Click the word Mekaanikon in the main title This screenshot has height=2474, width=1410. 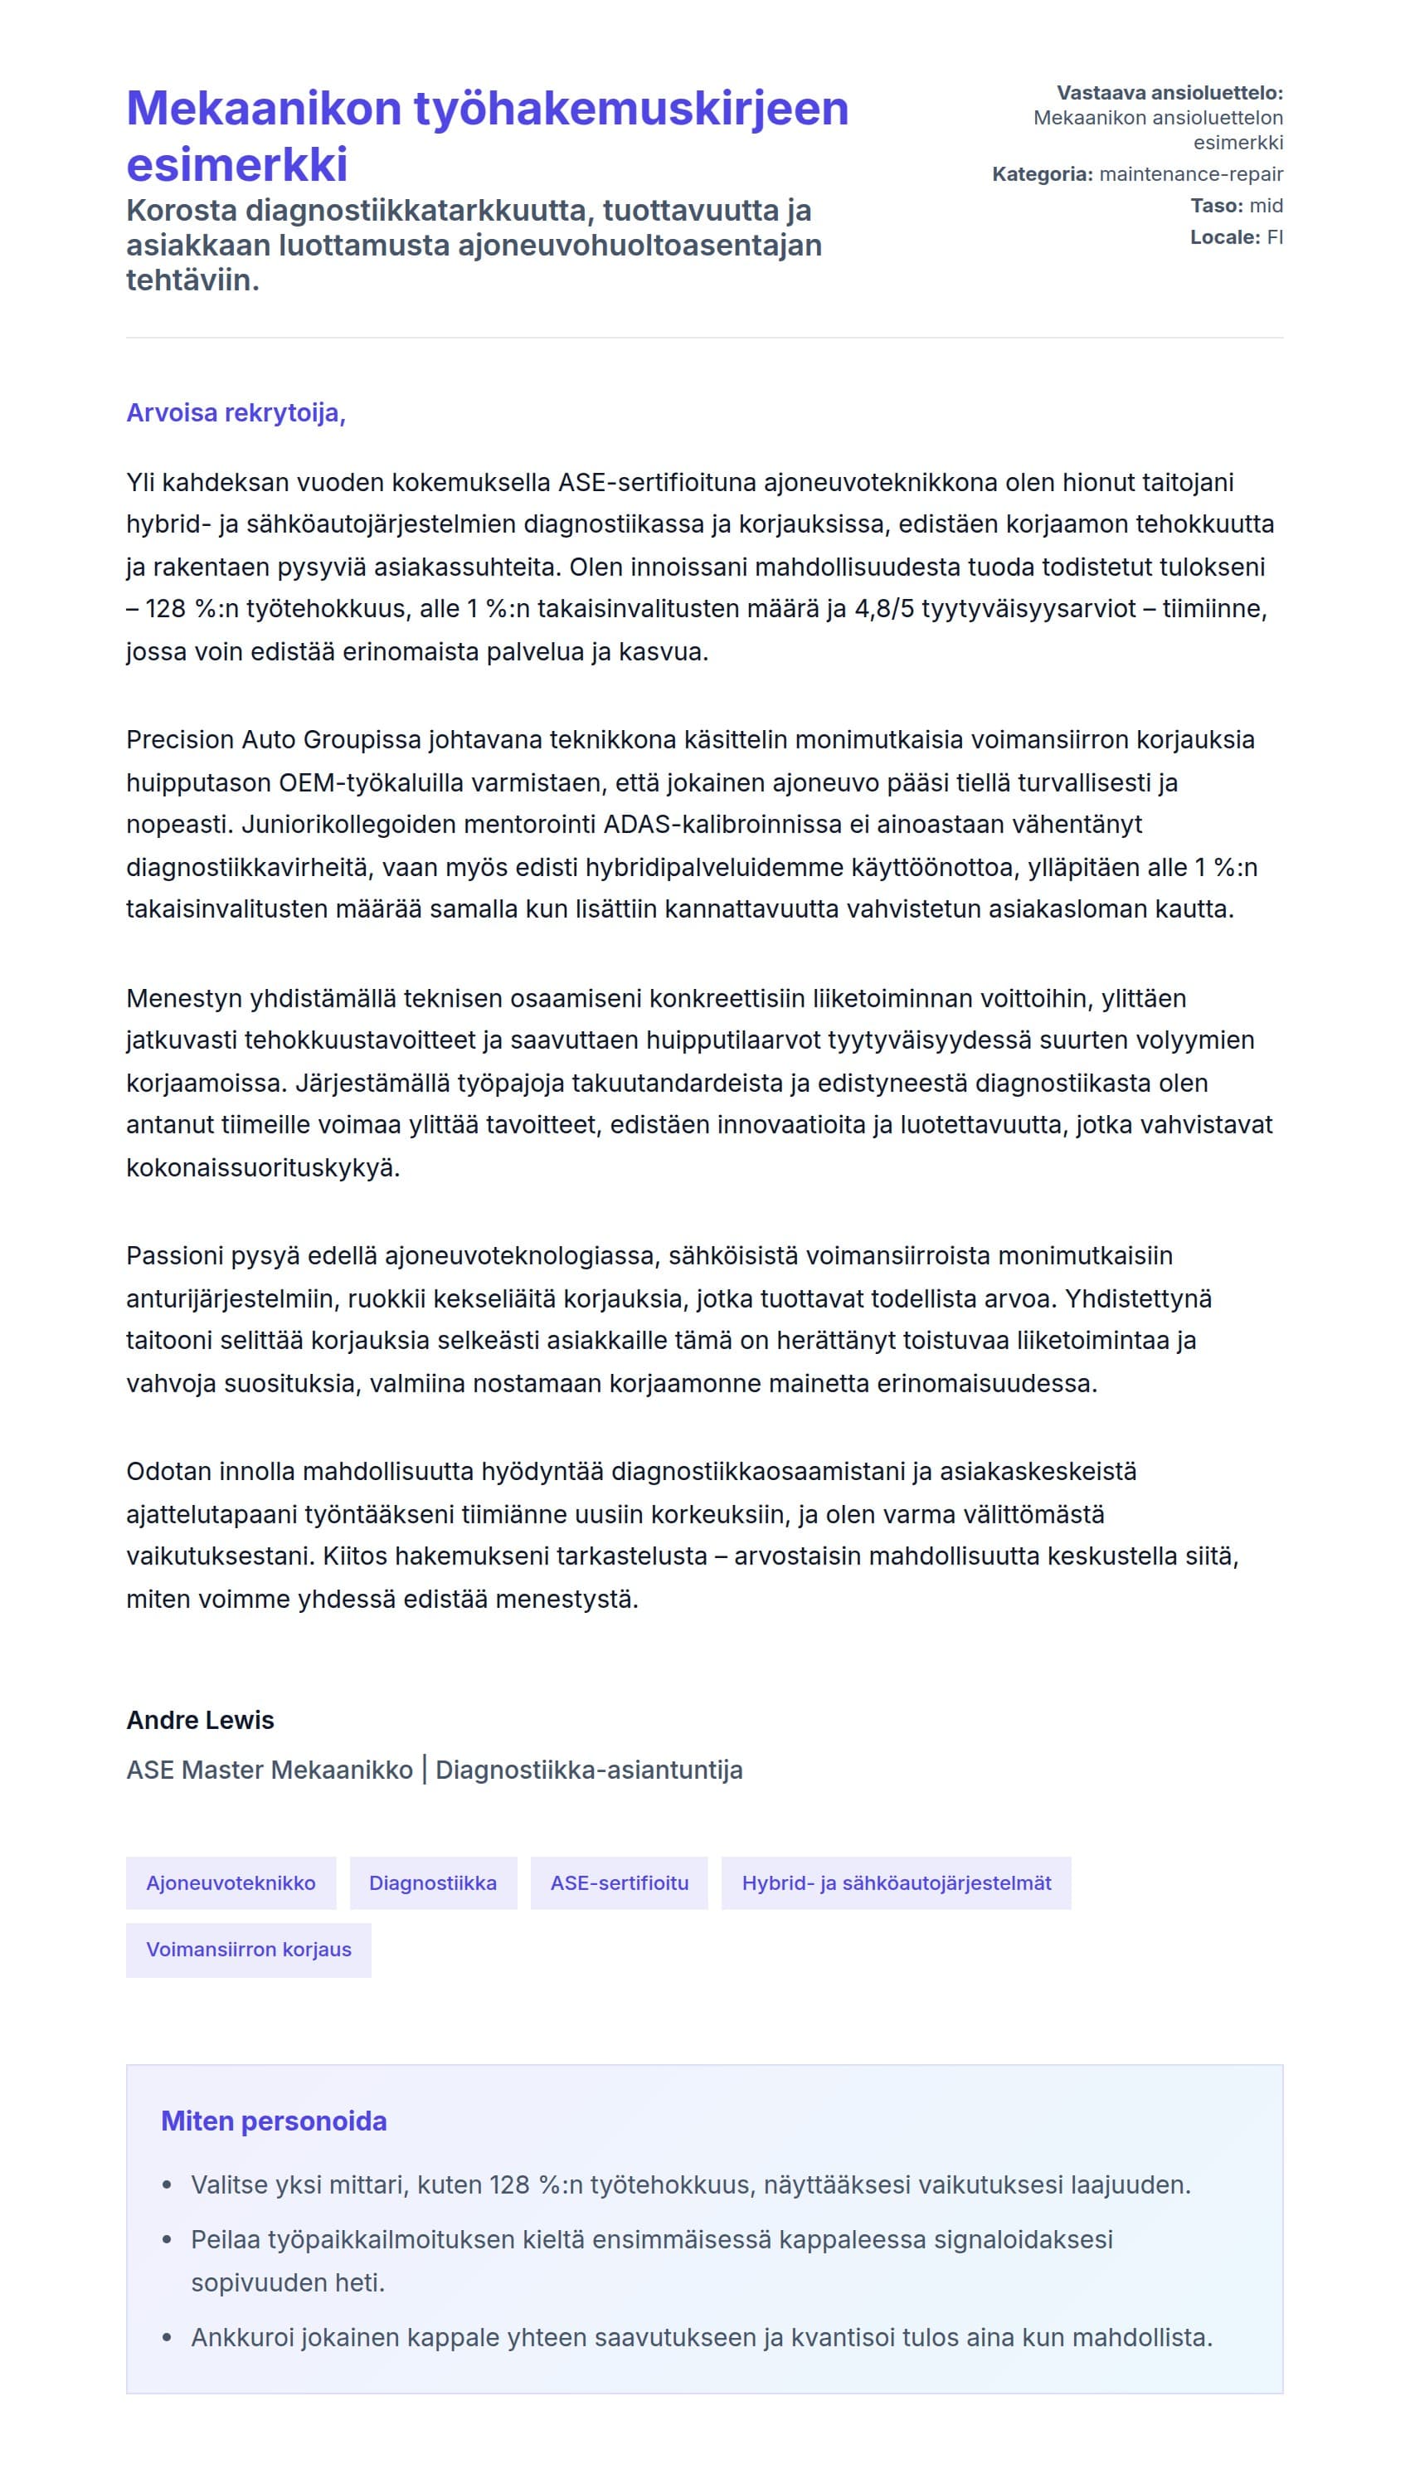click(261, 109)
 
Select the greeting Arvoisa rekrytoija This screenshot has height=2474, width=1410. click(236, 412)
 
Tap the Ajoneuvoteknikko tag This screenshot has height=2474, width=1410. click(231, 1882)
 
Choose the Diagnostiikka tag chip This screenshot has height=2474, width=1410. click(433, 1882)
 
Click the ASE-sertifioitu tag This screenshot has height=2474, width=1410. click(619, 1882)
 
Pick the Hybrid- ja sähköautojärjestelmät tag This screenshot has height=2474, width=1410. click(896, 1882)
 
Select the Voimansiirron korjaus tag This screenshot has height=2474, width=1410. click(248, 1949)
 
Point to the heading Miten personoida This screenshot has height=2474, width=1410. click(273, 2121)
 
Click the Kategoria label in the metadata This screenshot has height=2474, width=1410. click(1042, 174)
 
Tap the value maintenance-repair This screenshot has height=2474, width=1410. click(1191, 174)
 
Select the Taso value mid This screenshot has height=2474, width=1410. click(1266, 206)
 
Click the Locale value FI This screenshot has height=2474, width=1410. click(1275, 237)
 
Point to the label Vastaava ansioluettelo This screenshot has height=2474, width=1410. click(1169, 93)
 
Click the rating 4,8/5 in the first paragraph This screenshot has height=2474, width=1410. click(883, 609)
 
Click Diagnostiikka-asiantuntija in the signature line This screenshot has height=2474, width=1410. click(589, 1770)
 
